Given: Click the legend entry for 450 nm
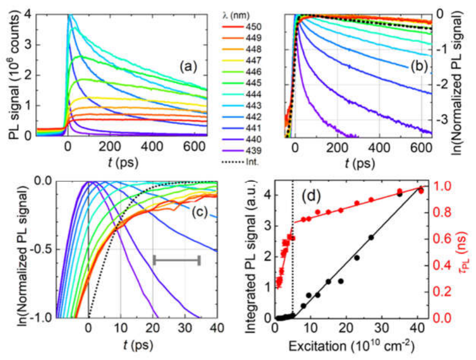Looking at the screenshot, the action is point(241,27).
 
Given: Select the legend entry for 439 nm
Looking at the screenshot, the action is point(241,151).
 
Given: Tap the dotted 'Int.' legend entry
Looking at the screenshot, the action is point(240,162).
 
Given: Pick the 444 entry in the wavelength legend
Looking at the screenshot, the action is point(241,94).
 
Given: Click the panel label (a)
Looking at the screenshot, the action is point(188,66).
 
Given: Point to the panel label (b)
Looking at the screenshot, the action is point(419,66).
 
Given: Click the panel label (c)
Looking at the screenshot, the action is point(200,212).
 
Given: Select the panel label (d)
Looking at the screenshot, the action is point(311,196).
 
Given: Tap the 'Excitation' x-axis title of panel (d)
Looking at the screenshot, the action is point(351,346).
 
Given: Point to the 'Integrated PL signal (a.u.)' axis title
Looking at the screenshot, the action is point(251,257).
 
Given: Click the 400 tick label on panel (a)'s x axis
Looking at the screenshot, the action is point(152,147).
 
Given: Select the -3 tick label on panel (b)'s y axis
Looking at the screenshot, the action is point(442,119).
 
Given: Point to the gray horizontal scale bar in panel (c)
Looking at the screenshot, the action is point(177,260).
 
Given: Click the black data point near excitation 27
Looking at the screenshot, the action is point(371,238).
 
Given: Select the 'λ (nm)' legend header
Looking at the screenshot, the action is point(236,15).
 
